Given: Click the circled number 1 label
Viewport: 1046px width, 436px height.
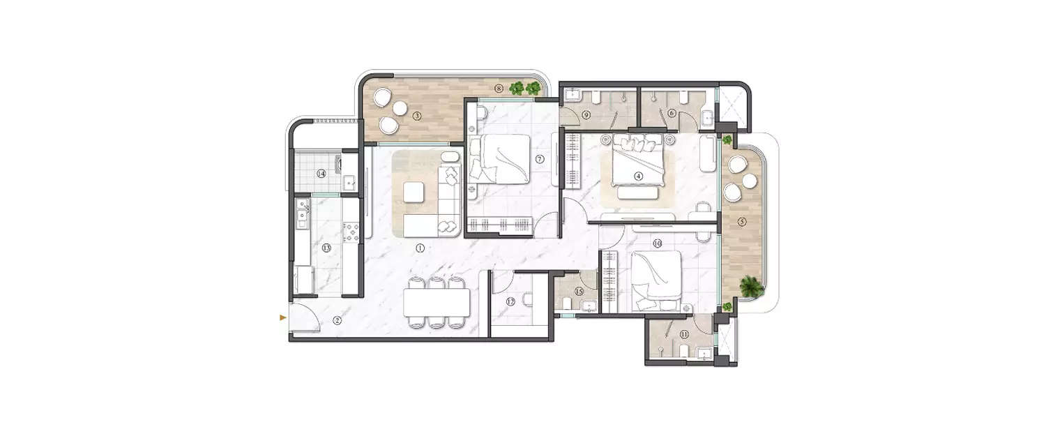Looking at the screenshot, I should (420, 248).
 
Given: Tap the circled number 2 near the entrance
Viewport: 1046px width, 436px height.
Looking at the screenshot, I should (337, 321).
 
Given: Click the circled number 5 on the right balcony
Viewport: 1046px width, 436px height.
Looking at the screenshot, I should (741, 222).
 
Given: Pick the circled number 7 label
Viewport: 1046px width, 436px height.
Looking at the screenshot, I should (539, 159).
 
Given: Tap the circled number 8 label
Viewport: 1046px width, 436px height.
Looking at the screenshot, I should (498, 89).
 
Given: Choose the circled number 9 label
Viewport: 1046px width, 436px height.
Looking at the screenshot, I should (586, 114).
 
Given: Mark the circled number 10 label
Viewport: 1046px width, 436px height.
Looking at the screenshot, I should (657, 243).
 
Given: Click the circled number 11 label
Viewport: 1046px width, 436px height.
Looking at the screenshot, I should (684, 334).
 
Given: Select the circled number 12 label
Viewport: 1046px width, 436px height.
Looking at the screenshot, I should (510, 301).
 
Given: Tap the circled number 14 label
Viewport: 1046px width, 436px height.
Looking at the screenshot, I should (321, 174).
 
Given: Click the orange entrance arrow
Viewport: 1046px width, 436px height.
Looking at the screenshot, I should (282, 317).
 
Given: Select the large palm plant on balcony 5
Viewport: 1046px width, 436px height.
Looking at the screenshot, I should (750, 286).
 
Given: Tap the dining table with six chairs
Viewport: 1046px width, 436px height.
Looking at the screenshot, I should (437, 302).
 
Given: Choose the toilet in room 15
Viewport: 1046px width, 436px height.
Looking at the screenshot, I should (569, 303).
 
